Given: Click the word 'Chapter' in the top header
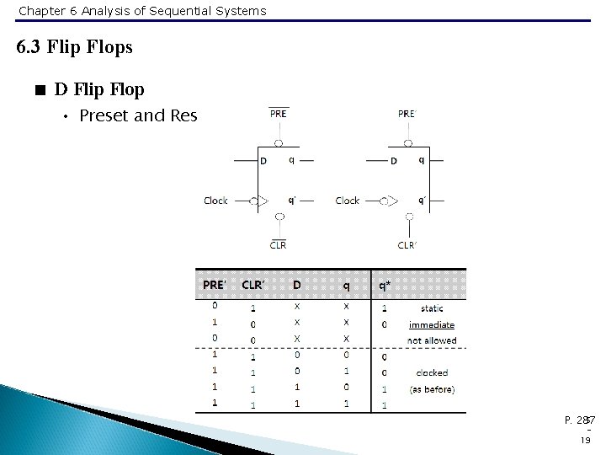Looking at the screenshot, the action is pyautogui.click(x=40, y=11).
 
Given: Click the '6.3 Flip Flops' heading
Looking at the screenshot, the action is pyautogui.click(x=75, y=47).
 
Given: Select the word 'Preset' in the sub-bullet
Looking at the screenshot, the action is pyautogui.click(x=103, y=116).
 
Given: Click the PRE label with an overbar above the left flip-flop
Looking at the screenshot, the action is pyautogui.click(x=279, y=114).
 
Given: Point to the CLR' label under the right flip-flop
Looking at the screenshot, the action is pyautogui.click(x=407, y=245).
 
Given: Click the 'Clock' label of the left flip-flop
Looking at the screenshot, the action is pyautogui.click(x=216, y=201).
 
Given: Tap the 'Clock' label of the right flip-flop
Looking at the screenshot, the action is pyautogui.click(x=348, y=201).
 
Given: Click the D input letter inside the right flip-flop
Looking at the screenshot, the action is pyautogui.click(x=393, y=161).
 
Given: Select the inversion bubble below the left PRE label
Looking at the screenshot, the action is pyautogui.click(x=279, y=143).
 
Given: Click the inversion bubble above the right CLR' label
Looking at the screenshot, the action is pyautogui.click(x=409, y=216).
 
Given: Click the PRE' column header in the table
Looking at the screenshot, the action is pyautogui.click(x=215, y=285).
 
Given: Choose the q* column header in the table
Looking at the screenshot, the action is pyautogui.click(x=383, y=285).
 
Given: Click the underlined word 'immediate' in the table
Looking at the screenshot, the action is pyautogui.click(x=432, y=324).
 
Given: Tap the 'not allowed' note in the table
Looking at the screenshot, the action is pyautogui.click(x=432, y=340).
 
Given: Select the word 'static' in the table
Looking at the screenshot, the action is pyautogui.click(x=432, y=308).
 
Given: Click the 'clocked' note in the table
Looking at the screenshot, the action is pyautogui.click(x=432, y=372).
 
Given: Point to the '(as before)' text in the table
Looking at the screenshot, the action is pyautogui.click(x=432, y=389).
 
